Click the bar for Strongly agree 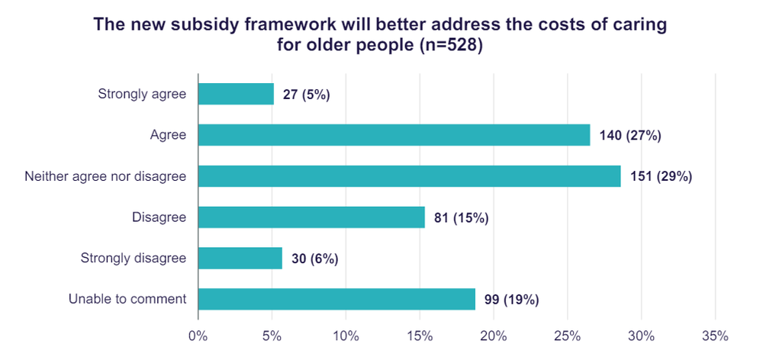(x=236, y=94)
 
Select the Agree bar (x=394, y=135)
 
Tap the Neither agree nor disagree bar (x=409, y=176)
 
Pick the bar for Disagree (x=311, y=217)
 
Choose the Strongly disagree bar (x=240, y=258)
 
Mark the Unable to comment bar (x=336, y=299)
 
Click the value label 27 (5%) (x=306, y=95)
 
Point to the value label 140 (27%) (x=631, y=136)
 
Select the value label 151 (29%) (x=662, y=177)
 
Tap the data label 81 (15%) (x=461, y=218)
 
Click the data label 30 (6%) (x=315, y=259)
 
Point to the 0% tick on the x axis (x=198, y=336)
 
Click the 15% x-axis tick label (x=420, y=336)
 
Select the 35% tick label (x=715, y=336)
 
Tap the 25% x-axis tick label (x=567, y=336)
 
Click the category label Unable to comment (x=127, y=299)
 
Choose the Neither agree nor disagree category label (x=105, y=176)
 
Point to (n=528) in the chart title (x=452, y=45)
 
